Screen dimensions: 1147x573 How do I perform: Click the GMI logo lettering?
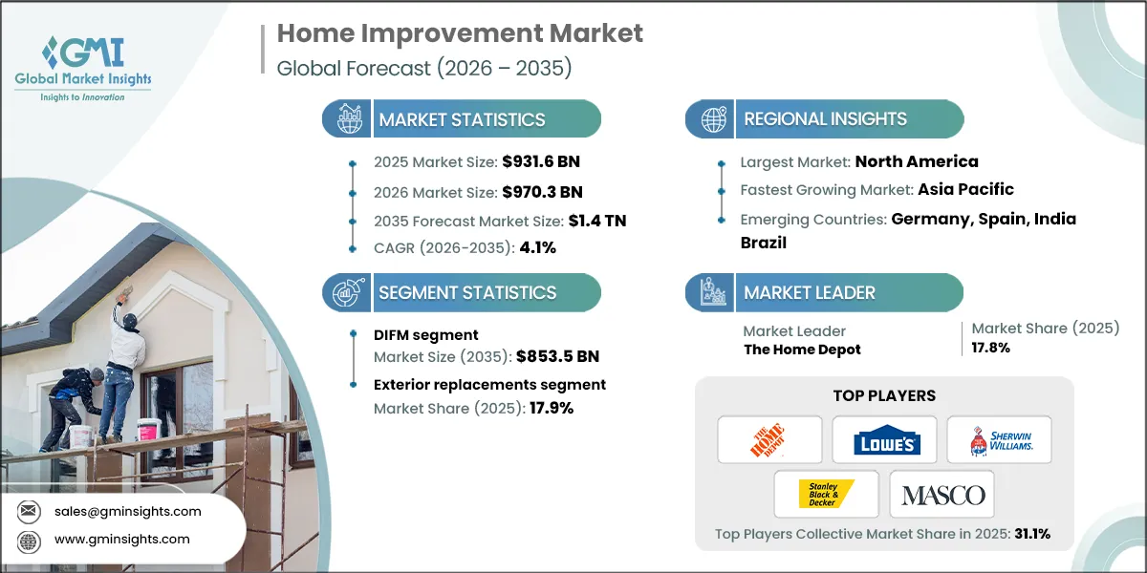[x=83, y=53]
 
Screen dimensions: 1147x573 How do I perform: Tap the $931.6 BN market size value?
[x=541, y=161]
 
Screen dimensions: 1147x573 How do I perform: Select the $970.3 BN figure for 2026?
[x=542, y=192]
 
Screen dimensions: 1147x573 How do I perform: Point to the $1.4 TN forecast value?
[x=597, y=221]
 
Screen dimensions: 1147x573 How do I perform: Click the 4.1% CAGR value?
[x=537, y=247]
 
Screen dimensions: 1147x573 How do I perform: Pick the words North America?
[x=917, y=161]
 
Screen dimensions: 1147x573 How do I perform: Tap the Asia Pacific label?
[x=965, y=189]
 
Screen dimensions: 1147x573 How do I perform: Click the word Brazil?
[x=764, y=243]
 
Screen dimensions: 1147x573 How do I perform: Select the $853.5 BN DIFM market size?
[x=557, y=356]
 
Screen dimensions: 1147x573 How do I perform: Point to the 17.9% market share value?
[x=552, y=409]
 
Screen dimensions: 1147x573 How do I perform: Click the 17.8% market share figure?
[x=991, y=348]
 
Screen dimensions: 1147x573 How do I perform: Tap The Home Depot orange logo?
[x=768, y=440]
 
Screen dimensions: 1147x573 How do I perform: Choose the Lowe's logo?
[x=887, y=440]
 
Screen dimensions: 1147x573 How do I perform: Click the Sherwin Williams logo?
[x=1001, y=440]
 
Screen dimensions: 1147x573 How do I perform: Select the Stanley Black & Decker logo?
[x=826, y=495]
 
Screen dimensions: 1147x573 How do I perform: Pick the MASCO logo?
[x=943, y=496]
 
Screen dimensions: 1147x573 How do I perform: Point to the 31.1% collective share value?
[x=1032, y=534]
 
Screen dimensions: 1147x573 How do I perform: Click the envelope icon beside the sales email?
[x=29, y=511]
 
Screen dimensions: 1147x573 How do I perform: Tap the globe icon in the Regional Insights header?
[x=713, y=119]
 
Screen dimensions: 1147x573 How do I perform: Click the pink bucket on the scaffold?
[x=149, y=430]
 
